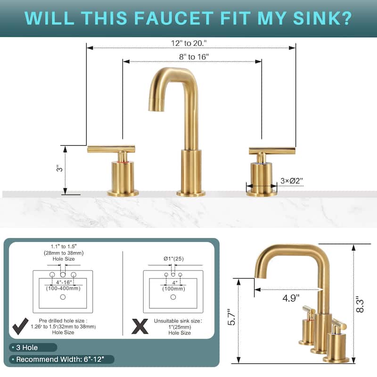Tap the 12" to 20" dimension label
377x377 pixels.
[189, 43]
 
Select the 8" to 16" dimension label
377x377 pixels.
[194, 57]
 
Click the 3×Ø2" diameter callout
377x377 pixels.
[292, 180]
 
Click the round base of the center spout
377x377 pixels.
[191, 193]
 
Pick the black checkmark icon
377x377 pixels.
[20, 326]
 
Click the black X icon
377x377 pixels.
[140, 326]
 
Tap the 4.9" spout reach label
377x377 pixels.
[291, 298]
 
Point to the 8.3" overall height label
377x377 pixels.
[360, 304]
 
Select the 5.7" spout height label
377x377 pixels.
[231, 317]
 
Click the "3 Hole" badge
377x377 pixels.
[33, 347]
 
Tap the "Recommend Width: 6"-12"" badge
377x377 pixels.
[61, 360]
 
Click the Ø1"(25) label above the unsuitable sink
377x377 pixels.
[173, 259]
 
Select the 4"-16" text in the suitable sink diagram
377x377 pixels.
[64, 282]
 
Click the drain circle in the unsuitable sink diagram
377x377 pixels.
[173, 297]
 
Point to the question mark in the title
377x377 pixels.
[346, 18]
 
